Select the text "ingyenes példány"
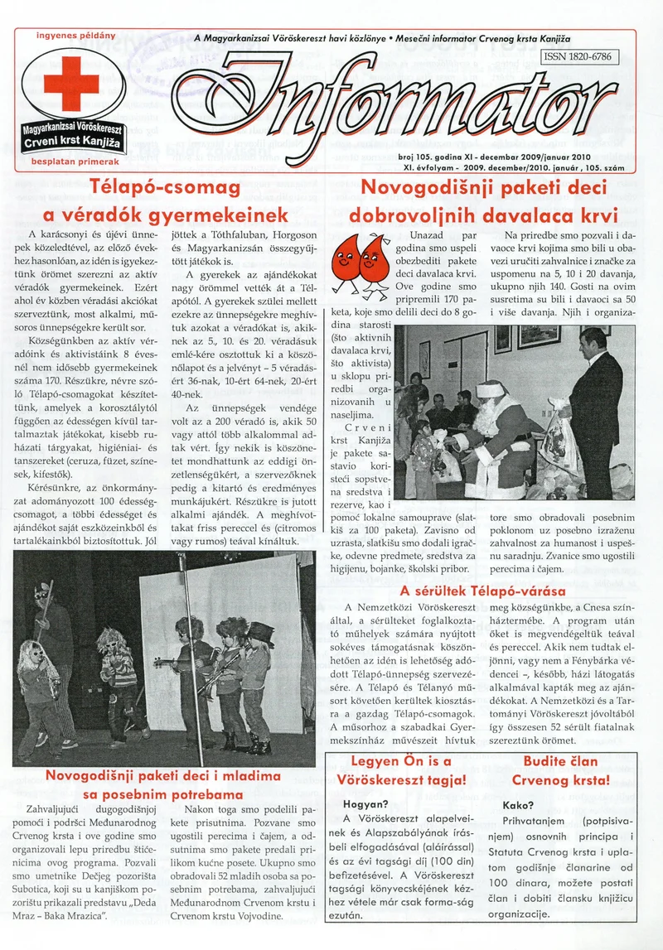tap(75, 36)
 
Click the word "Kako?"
tap(518, 803)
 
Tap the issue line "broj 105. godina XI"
tap(448, 156)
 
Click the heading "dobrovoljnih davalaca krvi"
tap(483, 216)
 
